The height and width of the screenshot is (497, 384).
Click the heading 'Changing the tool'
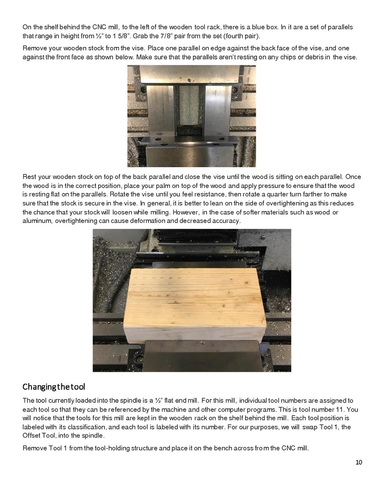click(53, 387)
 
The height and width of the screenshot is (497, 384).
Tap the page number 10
click(359, 463)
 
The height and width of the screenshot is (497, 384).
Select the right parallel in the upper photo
click(217, 110)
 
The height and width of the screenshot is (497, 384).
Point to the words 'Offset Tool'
click(38, 436)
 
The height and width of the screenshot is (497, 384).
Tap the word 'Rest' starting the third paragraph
click(29, 177)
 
